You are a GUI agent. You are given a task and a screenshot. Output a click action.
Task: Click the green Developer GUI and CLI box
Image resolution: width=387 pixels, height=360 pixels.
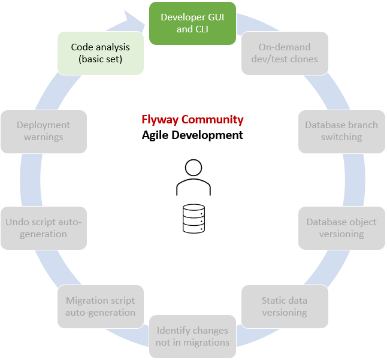coord(192,23)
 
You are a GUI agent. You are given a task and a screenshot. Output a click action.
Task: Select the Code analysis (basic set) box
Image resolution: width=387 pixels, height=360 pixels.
coord(100,53)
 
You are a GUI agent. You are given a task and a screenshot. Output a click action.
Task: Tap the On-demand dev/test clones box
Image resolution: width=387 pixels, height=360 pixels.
coord(285,53)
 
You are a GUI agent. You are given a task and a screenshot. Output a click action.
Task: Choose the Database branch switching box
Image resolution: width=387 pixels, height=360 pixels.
coord(341,131)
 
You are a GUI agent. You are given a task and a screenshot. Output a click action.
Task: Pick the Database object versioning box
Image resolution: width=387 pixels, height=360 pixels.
coord(341,228)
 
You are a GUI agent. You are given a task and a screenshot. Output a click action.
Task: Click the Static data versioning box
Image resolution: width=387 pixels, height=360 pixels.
coord(285,306)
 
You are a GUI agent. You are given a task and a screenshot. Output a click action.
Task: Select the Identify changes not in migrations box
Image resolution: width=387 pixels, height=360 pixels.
coord(193,336)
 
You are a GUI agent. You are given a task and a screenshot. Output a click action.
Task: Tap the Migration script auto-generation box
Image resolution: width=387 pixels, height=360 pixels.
coord(101,306)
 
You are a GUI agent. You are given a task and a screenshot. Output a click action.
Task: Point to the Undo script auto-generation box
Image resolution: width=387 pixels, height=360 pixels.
coord(43,228)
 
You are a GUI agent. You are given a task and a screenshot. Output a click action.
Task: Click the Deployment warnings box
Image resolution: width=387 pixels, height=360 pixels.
coord(43,131)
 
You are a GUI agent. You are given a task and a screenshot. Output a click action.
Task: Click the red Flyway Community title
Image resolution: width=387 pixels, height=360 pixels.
coord(192,119)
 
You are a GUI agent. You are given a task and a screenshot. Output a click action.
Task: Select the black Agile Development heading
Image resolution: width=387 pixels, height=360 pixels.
coord(192,135)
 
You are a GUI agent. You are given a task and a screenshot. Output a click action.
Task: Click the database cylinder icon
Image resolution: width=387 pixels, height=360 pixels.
coord(193,218)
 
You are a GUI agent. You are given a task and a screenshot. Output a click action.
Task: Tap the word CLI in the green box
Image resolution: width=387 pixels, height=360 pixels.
coord(202,29)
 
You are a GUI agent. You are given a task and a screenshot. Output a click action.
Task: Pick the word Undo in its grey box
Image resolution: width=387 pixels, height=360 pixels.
coord(17,222)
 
